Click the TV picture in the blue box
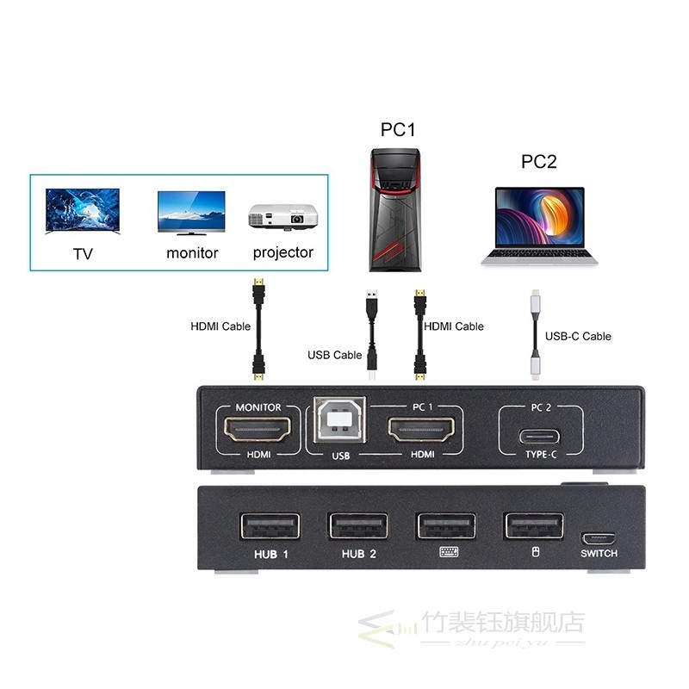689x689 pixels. (x=82, y=211)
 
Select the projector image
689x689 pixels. (x=282, y=217)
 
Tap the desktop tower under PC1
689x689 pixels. (x=395, y=209)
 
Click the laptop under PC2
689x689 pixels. (x=540, y=227)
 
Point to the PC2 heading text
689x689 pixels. (x=539, y=161)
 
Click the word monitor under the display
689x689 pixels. (x=192, y=253)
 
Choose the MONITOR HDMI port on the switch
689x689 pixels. (x=258, y=429)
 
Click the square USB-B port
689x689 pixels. (x=339, y=419)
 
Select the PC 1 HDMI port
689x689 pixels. (x=421, y=429)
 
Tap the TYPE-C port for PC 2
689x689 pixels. (x=539, y=437)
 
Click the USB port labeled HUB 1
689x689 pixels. (x=270, y=526)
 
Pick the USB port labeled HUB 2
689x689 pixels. (x=358, y=526)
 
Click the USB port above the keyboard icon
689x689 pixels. (x=446, y=525)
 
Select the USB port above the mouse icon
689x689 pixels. (x=534, y=525)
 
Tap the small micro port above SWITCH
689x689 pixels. (x=599, y=539)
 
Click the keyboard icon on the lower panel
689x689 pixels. (x=449, y=552)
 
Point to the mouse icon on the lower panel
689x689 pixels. (x=535, y=552)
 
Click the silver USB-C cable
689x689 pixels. (x=535, y=334)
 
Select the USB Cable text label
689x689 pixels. (x=334, y=355)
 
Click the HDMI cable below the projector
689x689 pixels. (x=258, y=329)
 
